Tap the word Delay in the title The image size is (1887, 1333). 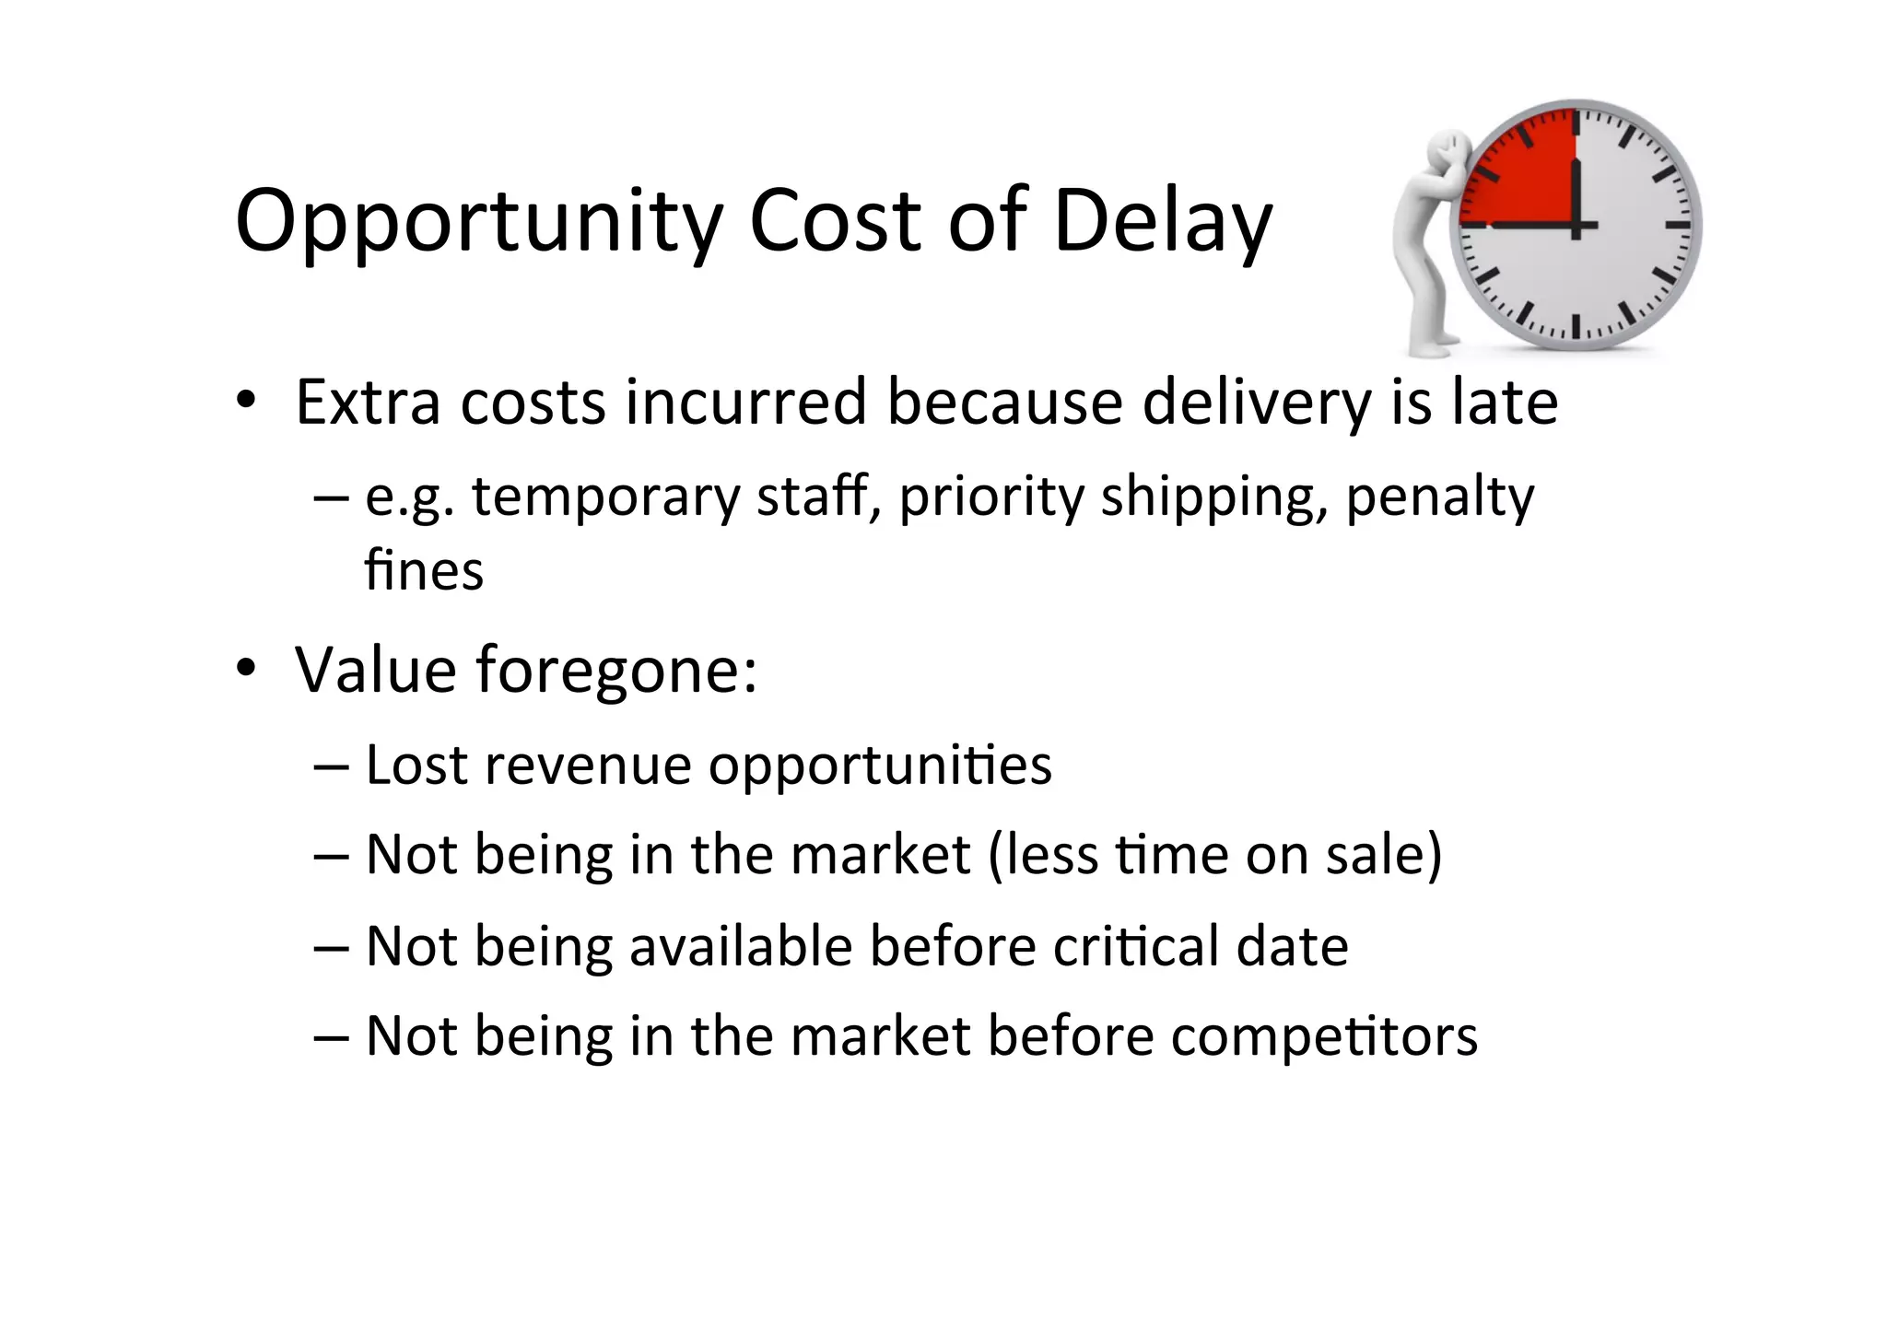(1162, 221)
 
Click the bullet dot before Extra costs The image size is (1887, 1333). (245, 402)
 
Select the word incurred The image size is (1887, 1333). (745, 402)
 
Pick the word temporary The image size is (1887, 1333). (605, 497)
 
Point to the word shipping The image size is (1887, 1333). (1215, 497)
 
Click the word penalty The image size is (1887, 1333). (1439, 497)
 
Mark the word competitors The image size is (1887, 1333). (1323, 1036)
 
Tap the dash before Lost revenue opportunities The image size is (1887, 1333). (331, 765)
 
